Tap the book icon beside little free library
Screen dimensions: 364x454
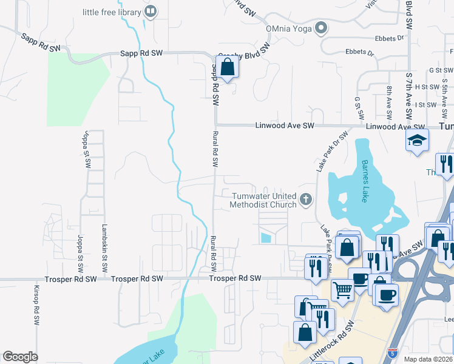tap(151, 11)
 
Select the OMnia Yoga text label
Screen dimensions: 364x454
tap(289, 28)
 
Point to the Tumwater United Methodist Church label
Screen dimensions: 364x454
tap(263, 200)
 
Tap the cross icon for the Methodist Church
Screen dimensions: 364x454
tap(307, 199)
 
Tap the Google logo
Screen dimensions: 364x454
tap(20, 357)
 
